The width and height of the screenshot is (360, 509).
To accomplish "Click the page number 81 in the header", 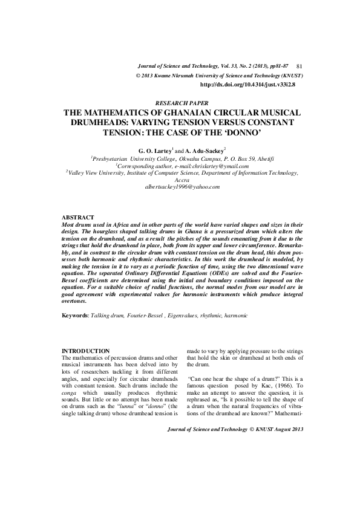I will (301, 65).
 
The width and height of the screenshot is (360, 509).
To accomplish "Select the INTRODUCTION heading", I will (87, 351).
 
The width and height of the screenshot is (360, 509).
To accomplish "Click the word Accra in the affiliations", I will (180, 180).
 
